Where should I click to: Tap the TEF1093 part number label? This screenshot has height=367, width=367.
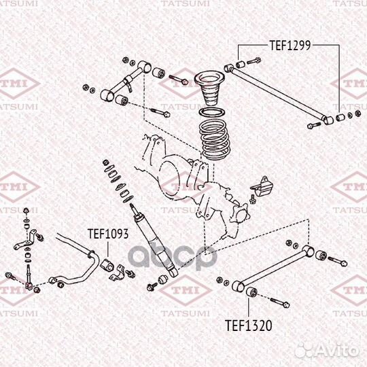tap(107, 234)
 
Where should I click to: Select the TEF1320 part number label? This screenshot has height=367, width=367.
tap(248, 326)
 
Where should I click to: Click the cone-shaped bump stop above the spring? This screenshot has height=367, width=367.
tap(209, 89)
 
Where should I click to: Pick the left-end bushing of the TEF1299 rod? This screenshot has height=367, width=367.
tap(238, 66)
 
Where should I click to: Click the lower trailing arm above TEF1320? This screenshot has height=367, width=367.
tap(275, 268)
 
